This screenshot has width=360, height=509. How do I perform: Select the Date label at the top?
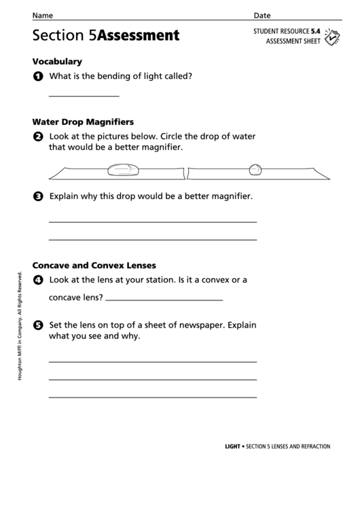tap(262, 15)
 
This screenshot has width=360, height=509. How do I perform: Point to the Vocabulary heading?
tap(57, 61)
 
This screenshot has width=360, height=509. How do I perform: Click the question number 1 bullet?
tap(37, 77)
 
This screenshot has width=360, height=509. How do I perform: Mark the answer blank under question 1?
tap(84, 96)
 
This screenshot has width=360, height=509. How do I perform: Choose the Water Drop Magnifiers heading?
tap(83, 122)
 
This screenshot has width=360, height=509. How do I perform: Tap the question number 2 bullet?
tap(37, 137)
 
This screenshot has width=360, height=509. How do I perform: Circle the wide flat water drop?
tap(123, 167)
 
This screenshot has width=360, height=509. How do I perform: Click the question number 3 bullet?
tap(37, 198)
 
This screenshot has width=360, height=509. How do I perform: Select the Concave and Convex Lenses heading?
tap(94, 264)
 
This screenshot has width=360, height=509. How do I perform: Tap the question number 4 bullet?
tap(37, 280)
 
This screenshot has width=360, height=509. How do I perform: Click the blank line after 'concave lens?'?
tap(164, 299)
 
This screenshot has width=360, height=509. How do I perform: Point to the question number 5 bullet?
tap(37, 326)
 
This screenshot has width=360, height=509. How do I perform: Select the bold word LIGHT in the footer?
tap(233, 446)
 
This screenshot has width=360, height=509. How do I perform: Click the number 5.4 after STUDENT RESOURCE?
tap(316, 31)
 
